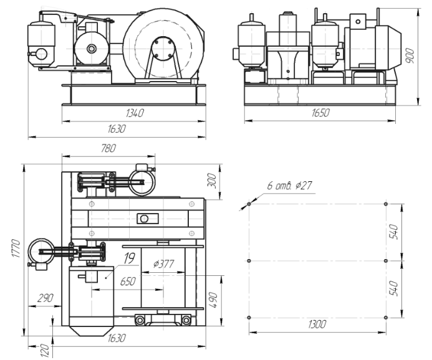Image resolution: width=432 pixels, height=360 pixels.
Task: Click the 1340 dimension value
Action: pyautogui.click(x=134, y=113)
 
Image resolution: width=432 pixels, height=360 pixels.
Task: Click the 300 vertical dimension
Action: pyautogui.click(x=211, y=182)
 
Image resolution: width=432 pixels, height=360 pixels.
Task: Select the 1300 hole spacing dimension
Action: pyautogui.click(x=317, y=325)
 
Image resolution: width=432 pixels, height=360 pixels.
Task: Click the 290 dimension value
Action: pyautogui.click(x=46, y=298)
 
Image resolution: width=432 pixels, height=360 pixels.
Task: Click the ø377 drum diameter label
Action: pyautogui.click(x=165, y=264)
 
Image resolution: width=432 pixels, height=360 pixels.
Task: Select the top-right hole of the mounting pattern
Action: pyautogui.click(x=386, y=204)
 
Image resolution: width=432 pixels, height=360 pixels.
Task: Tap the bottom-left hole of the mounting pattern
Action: pyautogui.click(x=249, y=318)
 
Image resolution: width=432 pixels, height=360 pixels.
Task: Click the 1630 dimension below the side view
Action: pyautogui.click(x=117, y=129)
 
